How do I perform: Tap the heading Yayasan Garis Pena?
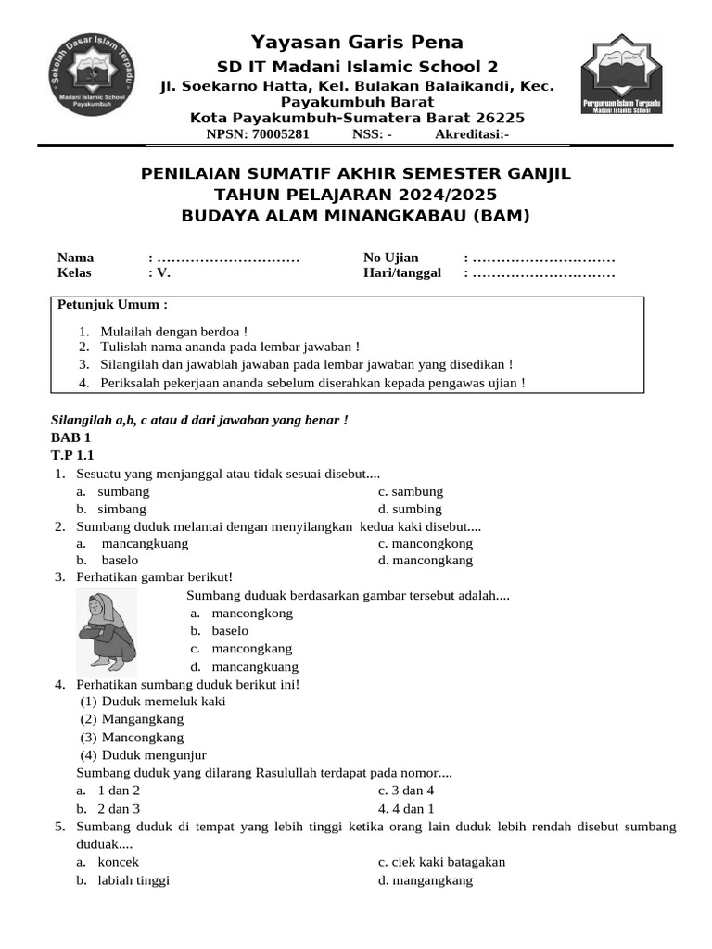(x=357, y=42)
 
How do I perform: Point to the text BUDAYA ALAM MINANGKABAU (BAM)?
(x=355, y=216)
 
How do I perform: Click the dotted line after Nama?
(x=228, y=258)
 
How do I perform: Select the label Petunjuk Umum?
(x=113, y=305)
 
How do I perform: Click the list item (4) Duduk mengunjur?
(x=154, y=755)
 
